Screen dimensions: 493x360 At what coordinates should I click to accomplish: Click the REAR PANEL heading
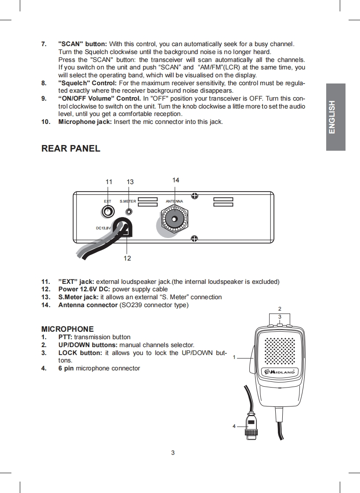tap(71, 149)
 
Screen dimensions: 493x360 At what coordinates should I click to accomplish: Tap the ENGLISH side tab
tap(335, 117)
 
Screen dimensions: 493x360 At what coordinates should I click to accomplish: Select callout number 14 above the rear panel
tap(176, 180)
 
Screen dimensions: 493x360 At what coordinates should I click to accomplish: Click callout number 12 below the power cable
tap(127, 258)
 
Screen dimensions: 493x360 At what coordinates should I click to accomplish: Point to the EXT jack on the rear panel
tap(108, 212)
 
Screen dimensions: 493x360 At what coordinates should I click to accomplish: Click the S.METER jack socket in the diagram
tap(129, 211)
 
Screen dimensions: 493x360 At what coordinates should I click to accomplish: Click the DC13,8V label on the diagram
tap(104, 228)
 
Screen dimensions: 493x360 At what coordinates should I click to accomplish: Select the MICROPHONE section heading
tap(67, 329)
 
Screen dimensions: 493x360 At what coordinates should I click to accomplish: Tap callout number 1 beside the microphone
tap(234, 358)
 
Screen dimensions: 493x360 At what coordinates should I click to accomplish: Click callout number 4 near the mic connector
tap(234, 426)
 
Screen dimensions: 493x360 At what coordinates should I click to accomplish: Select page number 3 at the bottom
tap(173, 453)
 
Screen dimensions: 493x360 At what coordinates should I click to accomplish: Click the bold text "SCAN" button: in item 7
tap(83, 44)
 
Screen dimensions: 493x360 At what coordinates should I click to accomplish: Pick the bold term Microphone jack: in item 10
tap(85, 121)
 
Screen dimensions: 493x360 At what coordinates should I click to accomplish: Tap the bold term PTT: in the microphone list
tap(65, 337)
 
